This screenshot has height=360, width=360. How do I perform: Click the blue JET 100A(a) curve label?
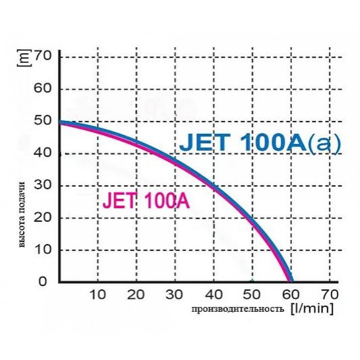[x=261, y=143]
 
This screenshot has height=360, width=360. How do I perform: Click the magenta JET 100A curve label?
[x=146, y=201]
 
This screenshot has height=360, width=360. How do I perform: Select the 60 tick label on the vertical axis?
[x=45, y=88]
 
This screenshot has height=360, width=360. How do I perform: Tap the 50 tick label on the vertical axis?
[x=45, y=121]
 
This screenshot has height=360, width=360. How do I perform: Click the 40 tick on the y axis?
[x=45, y=153]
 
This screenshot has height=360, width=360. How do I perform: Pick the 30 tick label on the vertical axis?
[x=45, y=185]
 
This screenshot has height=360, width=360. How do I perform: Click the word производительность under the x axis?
[x=238, y=309]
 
